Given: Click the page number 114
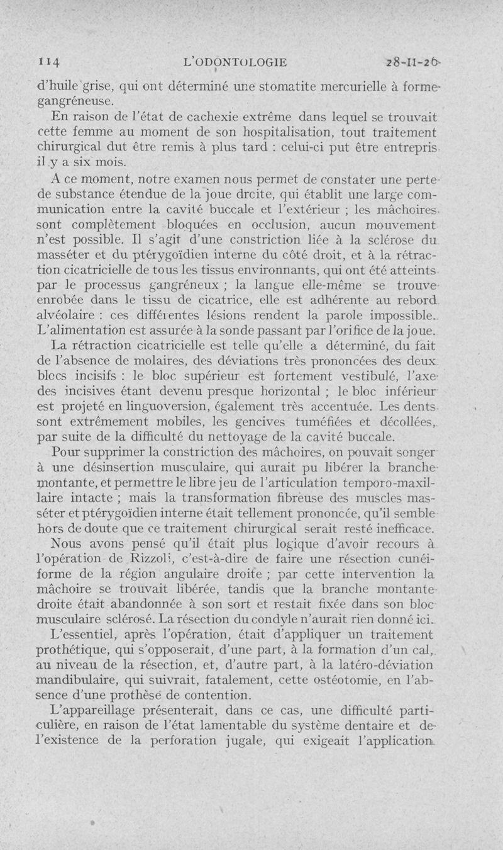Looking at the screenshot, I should [48, 62].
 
